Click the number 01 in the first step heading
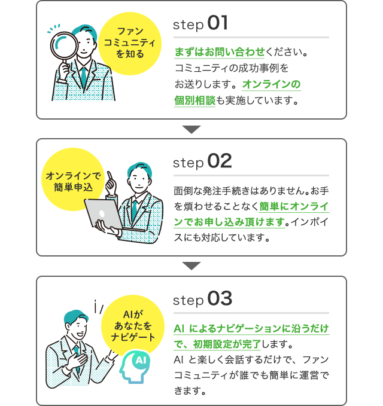click(218, 23)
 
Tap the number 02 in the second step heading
click(220, 161)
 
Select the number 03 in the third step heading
click(220, 298)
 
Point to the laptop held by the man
click(109, 214)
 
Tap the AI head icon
click(135, 366)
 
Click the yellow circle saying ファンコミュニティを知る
click(130, 44)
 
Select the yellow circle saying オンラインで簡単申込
click(74, 179)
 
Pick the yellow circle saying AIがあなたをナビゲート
click(133, 326)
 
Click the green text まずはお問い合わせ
click(220, 52)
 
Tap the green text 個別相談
click(195, 100)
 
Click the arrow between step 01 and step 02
click(191, 130)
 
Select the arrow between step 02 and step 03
click(191, 266)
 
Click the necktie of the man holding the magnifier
click(84, 77)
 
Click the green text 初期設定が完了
click(227, 344)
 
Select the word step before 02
click(189, 164)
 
